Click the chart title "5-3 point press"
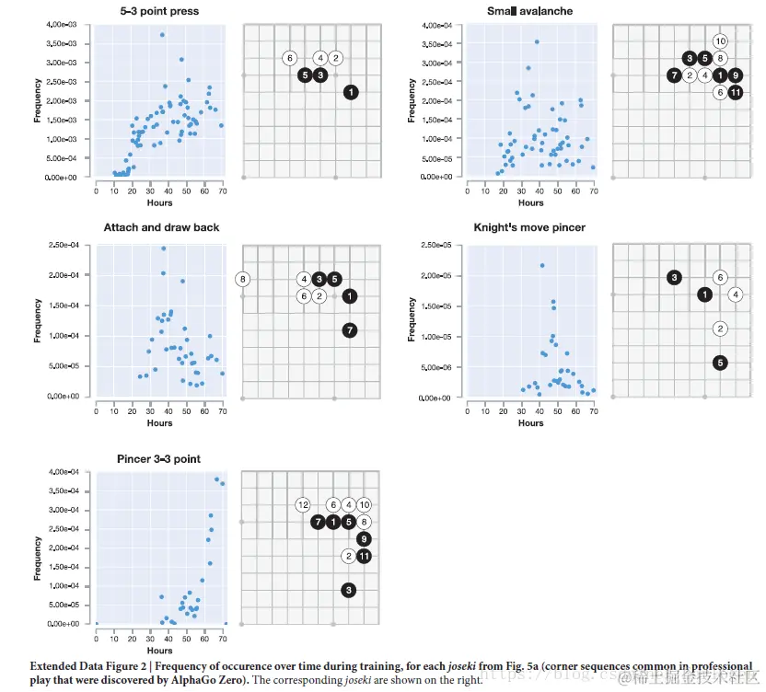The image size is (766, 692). [x=159, y=11]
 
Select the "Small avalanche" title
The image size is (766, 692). [x=529, y=11]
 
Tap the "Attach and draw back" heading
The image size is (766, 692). [x=159, y=226]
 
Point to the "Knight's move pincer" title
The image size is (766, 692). [x=529, y=226]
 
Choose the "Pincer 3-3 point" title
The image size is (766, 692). [x=159, y=458]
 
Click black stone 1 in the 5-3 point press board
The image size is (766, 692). [x=351, y=92]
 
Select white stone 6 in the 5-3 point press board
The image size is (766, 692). [x=289, y=59]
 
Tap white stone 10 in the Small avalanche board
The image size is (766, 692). [x=720, y=41]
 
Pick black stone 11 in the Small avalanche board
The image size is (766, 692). [x=735, y=92]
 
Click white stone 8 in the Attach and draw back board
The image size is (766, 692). [x=243, y=279]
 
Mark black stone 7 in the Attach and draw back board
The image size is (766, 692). [x=350, y=330]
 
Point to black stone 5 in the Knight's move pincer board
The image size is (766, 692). [x=720, y=363]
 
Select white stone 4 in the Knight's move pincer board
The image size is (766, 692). [x=735, y=294]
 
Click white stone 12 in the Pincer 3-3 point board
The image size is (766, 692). [x=303, y=504]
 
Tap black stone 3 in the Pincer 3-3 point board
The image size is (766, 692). [x=349, y=590]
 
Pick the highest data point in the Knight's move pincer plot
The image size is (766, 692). [x=542, y=266]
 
